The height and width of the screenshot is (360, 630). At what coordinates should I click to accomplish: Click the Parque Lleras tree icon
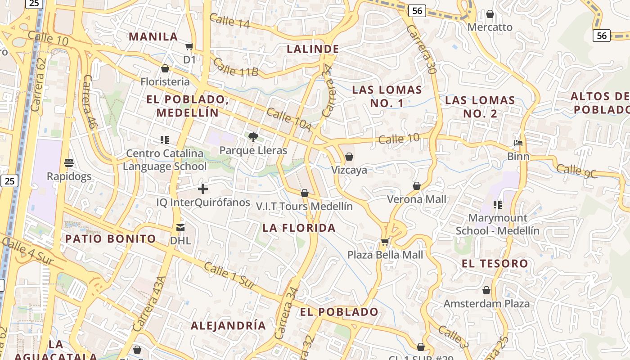tap(253, 137)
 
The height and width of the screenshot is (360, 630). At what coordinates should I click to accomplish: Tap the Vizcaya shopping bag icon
tap(349, 157)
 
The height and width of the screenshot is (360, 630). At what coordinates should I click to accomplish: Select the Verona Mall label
tap(417, 199)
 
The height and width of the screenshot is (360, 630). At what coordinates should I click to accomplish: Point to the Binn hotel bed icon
tap(518, 144)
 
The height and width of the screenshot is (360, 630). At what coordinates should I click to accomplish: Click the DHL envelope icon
tap(180, 227)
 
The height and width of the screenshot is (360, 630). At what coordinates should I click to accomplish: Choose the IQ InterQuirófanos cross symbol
tap(203, 189)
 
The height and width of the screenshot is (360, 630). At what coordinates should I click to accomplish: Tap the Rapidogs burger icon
tap(69, 162)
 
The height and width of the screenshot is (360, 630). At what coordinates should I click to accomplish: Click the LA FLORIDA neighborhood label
tap(299, 228)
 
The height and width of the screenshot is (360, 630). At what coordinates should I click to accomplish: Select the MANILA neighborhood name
tap(153, 37)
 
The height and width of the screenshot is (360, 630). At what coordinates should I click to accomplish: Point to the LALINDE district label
tap(313, 49)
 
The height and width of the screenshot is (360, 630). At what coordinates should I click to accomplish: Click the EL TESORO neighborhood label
tap(495, 264)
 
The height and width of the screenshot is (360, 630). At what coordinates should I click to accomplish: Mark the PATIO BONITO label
tap(111, 239)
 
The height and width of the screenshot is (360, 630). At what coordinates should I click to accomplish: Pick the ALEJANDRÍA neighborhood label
tap(228, 325)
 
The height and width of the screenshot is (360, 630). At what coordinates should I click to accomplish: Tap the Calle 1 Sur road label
tap(229, 275)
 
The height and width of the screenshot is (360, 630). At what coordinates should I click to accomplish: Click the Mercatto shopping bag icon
tap(490, 14)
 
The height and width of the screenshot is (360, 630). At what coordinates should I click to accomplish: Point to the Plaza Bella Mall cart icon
tap(385, 242)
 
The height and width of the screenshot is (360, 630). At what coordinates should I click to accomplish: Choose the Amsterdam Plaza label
tap(486, 304)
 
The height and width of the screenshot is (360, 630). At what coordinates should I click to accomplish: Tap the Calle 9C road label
tap(577, 171)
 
